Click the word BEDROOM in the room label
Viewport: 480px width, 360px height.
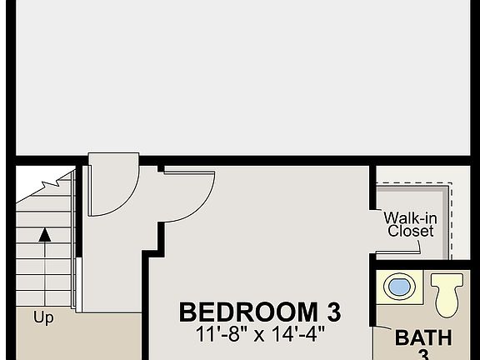point(241,312)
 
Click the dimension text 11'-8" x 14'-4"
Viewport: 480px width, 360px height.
point(260,333)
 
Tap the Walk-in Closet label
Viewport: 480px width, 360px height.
point(410,225)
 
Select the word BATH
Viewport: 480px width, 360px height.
point(423,338)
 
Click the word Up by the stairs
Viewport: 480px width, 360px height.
point(44,317)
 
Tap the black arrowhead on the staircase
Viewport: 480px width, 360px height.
point(45,235)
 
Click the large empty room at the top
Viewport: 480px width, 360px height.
point(242,79)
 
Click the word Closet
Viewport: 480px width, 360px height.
point(411,232)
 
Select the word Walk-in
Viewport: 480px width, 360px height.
point(409,218)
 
